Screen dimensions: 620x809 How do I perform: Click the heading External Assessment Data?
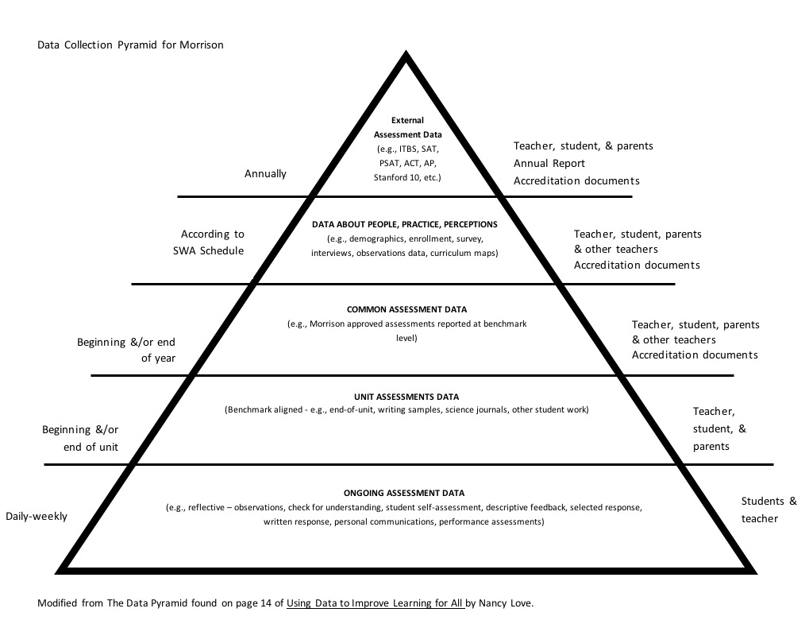(407, 128)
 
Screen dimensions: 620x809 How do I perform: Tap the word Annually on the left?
(265, 173)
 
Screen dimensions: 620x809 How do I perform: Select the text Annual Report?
(549, 164)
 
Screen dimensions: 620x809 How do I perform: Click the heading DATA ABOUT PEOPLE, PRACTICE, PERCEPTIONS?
(405, 225)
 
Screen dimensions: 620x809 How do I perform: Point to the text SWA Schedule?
(207, 250)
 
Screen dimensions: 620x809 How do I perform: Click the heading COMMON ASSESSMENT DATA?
(406, 309)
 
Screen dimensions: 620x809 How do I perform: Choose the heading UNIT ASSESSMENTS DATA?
(406, 397)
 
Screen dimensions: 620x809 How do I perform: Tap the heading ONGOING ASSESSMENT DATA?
(404, 494)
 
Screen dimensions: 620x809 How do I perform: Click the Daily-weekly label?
(37, 517)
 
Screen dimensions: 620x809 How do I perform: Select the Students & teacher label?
(768, 510)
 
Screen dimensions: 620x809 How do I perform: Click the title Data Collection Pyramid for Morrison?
(131, 45)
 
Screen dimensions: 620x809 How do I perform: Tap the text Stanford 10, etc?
(406, 177)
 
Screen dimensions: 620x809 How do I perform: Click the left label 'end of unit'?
(91, 447)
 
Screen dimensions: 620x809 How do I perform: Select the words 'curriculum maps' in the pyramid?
(466, 254)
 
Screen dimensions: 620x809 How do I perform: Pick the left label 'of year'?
(158, 358)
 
